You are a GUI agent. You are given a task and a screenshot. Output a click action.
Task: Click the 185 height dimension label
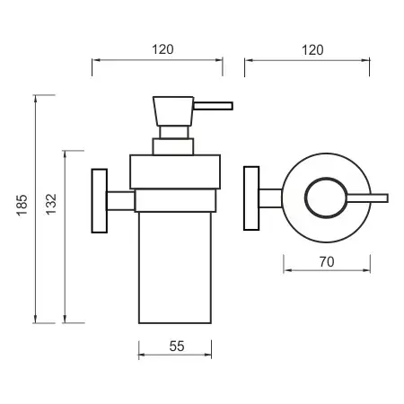(22, 205)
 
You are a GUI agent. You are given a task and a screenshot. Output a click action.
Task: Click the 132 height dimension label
(51, 204)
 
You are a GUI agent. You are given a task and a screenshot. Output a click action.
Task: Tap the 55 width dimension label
(177, 347)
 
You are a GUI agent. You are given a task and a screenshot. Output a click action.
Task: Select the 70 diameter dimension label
(327, 262)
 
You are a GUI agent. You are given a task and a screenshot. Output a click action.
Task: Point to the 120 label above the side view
(162, 49)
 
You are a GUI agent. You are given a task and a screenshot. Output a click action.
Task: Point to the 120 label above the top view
(312, 50)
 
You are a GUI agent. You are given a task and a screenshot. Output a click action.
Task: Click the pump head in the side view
(173, 111)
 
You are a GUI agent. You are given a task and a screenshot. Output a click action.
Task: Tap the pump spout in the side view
(213, 106)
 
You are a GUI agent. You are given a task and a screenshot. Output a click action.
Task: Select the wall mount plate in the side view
(100, 201)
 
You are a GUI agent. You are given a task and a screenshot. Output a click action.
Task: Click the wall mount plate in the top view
(251, 198)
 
